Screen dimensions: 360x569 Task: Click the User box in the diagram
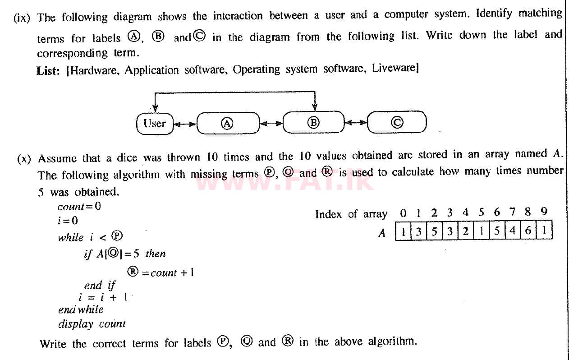coord(155,123)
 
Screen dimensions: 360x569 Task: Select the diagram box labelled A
coord(228,123)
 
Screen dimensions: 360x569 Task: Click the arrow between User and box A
coord(185,124)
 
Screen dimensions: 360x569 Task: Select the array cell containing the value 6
coord(528,231)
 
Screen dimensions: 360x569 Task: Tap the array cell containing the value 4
coord(513,231)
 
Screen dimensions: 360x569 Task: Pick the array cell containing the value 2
coord(466,231)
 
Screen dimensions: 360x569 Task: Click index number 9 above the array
coord(544,212)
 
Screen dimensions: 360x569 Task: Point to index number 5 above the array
coord(482,212)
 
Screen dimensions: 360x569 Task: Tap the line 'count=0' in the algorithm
coord(79,207)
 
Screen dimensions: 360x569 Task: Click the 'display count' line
coord(92,324)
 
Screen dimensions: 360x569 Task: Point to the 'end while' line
coord(81,310)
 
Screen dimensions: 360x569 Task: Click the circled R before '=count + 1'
coord(133,272)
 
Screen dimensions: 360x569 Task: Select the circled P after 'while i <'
coord(117,236)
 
